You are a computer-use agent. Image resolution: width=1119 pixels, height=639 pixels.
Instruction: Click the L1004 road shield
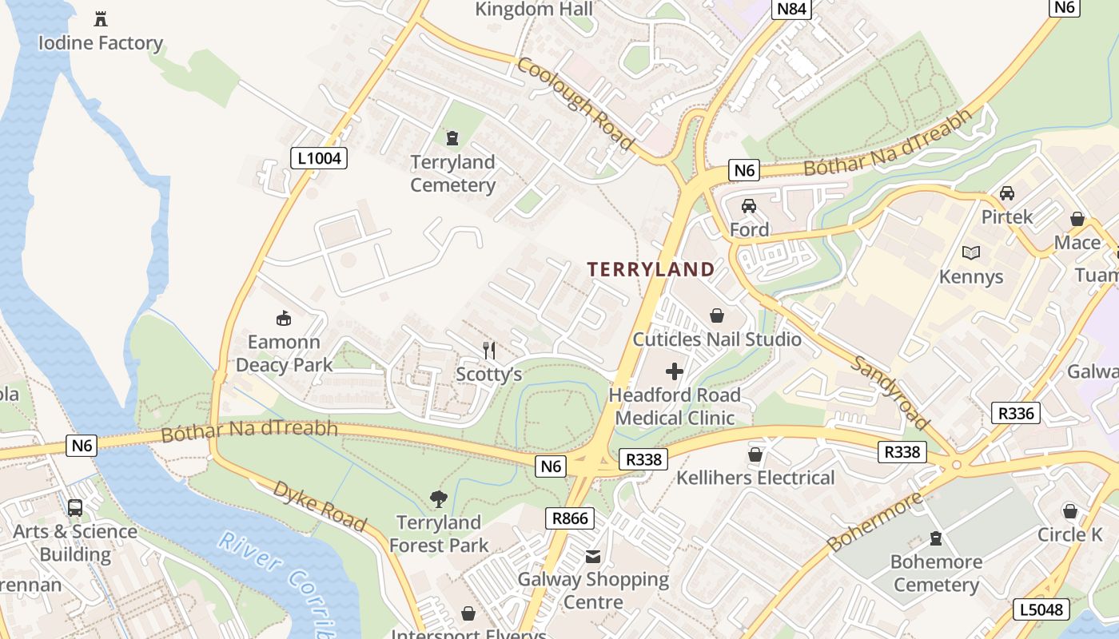(x=319, y=158)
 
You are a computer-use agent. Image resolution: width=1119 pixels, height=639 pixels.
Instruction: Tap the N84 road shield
(x=792, y=10)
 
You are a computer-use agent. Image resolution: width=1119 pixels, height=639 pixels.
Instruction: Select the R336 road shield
(x=1016, y=413)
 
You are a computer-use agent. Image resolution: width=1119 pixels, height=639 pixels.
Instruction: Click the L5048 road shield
(x=1042, y=609)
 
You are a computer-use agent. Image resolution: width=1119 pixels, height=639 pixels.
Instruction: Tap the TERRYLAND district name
(x=651, y=269)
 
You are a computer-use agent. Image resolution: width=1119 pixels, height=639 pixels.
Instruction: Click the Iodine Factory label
(x=101, y=43)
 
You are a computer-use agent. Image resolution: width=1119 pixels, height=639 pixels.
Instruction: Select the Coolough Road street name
(x=575, y=103)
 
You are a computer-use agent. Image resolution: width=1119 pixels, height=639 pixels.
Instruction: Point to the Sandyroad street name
(x=890, y=391)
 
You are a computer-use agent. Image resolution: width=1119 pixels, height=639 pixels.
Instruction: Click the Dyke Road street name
(x=320, y=506)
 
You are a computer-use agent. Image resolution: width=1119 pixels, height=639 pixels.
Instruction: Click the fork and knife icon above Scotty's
(x=489, y=350)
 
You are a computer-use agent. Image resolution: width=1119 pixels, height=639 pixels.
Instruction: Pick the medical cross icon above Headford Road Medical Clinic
(x=675, y=371)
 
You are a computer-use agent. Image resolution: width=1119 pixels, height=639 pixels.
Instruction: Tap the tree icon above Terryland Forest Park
(x=438, y=499)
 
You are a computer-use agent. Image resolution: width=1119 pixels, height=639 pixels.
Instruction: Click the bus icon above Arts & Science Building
(x=75, y=507)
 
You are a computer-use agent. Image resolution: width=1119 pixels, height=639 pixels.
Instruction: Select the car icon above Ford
(x=749, y=206)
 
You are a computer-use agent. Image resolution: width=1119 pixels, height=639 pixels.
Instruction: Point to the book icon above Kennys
(x=971, y=253)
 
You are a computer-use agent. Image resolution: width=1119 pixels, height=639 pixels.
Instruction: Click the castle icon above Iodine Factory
(x=101, y=18)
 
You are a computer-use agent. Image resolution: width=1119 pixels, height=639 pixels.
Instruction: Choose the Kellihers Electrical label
(x=755, y=478)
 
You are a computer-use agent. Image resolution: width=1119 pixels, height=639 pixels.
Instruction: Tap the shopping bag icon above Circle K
(x=1070, y=511)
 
